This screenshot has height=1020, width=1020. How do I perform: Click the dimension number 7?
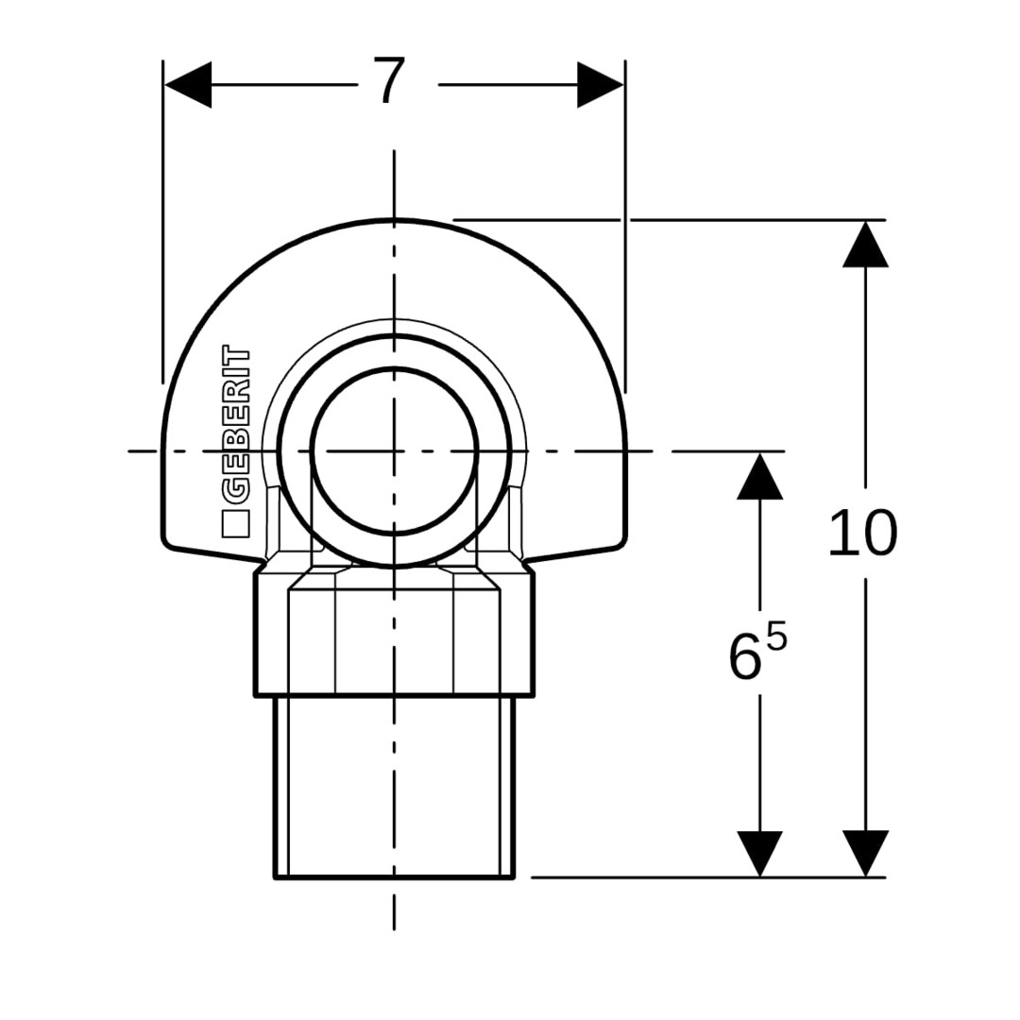390,80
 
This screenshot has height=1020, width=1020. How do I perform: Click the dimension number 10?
862,533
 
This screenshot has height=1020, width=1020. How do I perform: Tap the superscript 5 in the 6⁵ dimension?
776,637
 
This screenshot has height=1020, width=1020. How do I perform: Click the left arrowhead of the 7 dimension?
188,85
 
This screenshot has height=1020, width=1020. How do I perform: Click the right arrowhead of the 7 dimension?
601,85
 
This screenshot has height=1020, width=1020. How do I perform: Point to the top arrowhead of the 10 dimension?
865,244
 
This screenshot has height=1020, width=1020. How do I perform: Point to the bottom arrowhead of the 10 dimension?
865,854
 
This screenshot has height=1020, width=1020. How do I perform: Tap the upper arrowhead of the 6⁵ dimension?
759,476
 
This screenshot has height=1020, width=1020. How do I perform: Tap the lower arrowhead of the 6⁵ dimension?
759,854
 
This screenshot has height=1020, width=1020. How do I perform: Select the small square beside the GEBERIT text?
235,523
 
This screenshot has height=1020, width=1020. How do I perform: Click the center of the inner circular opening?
394,450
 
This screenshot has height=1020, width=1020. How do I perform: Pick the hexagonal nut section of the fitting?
394,630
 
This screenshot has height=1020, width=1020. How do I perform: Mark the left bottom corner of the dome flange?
164,541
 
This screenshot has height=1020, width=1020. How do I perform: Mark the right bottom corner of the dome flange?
624,541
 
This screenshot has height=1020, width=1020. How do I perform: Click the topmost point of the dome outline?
394,219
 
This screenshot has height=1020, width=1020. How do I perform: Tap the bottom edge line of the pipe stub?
394,878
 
